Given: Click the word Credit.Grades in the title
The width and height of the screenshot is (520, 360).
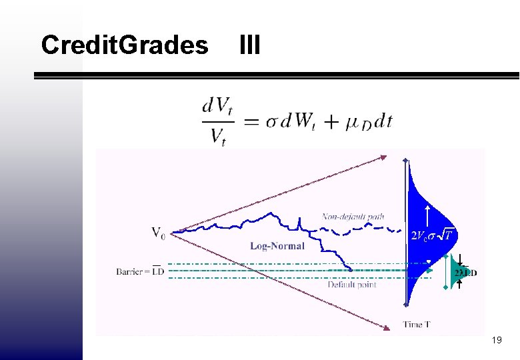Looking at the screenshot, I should (124, 45).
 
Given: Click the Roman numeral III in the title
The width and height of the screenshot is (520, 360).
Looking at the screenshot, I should (249, 45).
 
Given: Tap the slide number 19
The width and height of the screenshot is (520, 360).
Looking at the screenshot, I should (496, 341).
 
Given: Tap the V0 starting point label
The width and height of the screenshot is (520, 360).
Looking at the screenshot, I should (159, 233).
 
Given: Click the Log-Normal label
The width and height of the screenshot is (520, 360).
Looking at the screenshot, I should (277, 245).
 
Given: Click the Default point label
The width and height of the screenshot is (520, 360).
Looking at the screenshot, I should (352, 285).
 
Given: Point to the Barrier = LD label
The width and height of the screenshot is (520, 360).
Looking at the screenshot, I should (140, 271).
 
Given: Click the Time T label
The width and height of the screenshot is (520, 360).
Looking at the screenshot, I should (417, 325).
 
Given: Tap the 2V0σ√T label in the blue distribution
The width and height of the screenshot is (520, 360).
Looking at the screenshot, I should (431, 235).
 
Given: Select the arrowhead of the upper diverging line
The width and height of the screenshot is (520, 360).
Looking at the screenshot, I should (383, 158).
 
